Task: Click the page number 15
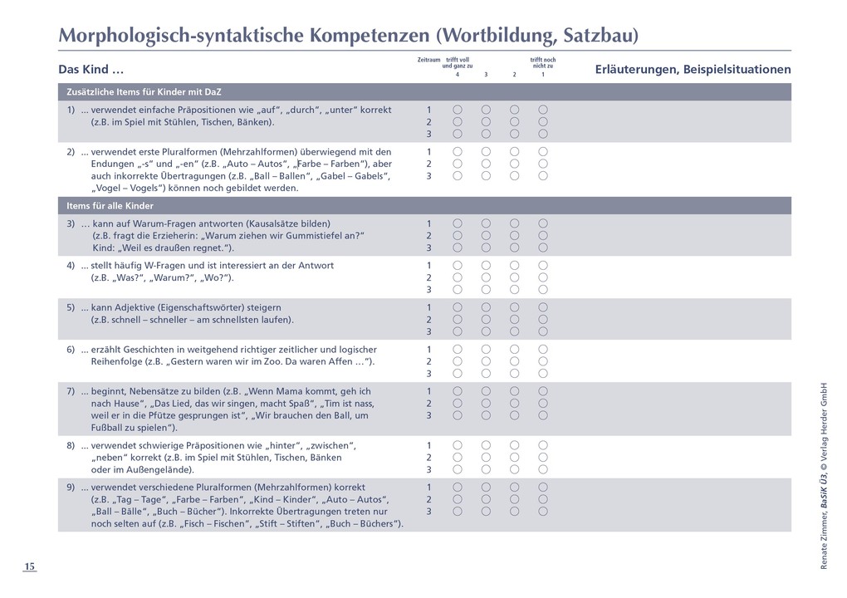[29, 566]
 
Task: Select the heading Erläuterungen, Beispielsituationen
[693, 70]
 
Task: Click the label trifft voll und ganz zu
[458, 62]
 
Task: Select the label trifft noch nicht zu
[542, 62]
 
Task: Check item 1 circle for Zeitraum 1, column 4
[458, 110]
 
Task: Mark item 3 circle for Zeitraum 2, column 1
[542, 236]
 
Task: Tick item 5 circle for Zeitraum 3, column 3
[486, 331]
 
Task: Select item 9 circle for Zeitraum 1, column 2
[514, 487]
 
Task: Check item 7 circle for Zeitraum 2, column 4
[458, 403]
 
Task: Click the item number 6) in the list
[71, 349]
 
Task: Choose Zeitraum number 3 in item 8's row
[428, 470]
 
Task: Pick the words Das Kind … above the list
[91, 70]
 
